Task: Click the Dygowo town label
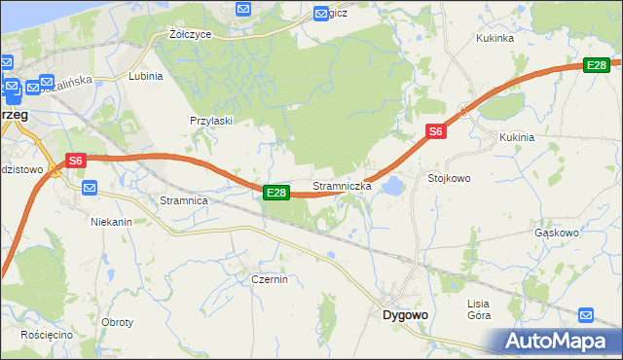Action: pyautogui.click(x=405, y=315)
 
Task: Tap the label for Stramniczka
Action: pyautogui.click(x=341, y=185)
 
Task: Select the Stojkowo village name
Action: pyautogui.click(x=449, y=178)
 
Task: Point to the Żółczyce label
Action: pyautogui.click(x=190, y=33)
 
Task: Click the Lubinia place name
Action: pyautogui.click(x=145, y=75)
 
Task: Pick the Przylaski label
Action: pyautogui.click(x=210, y=121)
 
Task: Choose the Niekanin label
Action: pyautogui.click(x=111, y=222)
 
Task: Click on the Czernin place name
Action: pyautogui.click(x=269, y=279)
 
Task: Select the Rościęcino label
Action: pyautogui.click(x=49, y=334)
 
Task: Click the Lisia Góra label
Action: pyautogui.click(x=478, y=309)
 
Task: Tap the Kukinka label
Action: pyautogui.click(x=494, y=38)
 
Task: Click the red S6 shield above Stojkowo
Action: pyautogui.click(x=435, y=132)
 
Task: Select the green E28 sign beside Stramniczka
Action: pyautogui.click(x=276, y=193)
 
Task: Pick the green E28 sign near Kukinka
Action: pyautogui.click(x=597, y=65)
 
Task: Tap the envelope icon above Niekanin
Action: pyautogui.click(x=90, y=188)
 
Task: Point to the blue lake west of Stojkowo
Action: pyautogui.click(x=393, y=184)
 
